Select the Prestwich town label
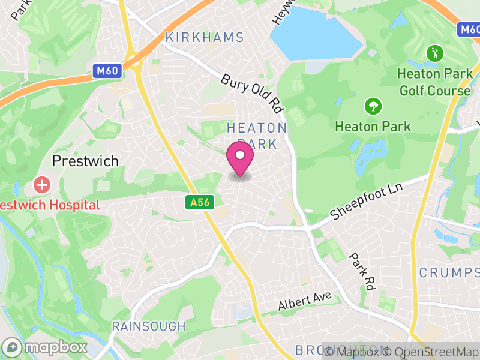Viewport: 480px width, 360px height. coord(85,161)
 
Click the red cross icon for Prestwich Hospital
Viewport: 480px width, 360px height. coord(42,184)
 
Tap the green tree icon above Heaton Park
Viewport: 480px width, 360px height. coord(373,107)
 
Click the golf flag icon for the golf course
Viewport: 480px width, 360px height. coord(433,54)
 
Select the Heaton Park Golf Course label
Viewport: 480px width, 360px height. coord(434,82)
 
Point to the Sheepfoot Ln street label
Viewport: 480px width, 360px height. coord(367,202)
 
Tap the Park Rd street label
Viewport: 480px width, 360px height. coord(361,272)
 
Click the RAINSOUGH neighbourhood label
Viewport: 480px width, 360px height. coord(149,326)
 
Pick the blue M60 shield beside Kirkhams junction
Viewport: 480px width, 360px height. coord(109,71)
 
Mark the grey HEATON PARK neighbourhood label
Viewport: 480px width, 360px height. coord(257,136)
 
